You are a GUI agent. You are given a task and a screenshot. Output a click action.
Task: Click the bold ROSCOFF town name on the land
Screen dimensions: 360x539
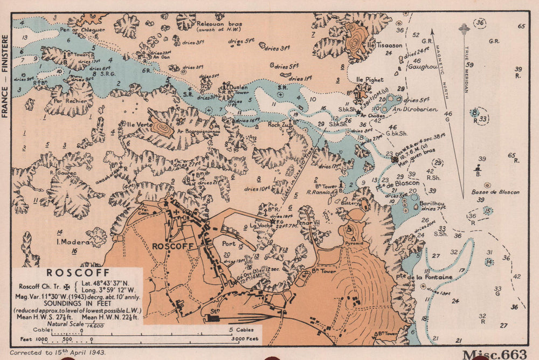pyautogui.click(x=171, y=246)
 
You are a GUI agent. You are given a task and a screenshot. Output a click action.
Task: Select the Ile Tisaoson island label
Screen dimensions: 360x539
pyautogui.click(x=385, y=45)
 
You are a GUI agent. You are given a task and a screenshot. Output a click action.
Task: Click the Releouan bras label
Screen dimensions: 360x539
pyautogui.click(x=219, y=24)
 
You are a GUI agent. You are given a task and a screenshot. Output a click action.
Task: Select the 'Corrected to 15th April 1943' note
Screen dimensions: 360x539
pyautogui.click(x=58, y=352)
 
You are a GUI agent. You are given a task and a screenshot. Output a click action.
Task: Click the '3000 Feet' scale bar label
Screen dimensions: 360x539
pyautogui.click(x=242, y=340)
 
